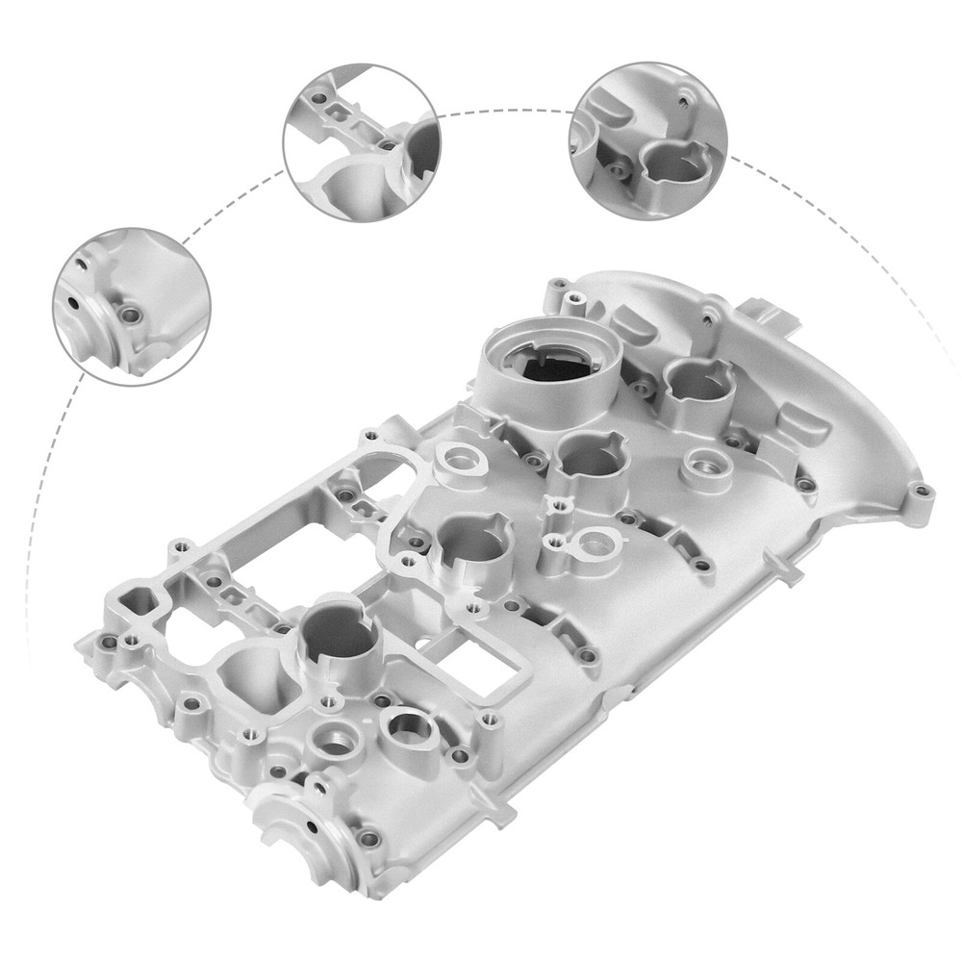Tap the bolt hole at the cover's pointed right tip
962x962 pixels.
coord(923,492)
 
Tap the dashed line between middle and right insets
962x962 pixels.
coord(505,110)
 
